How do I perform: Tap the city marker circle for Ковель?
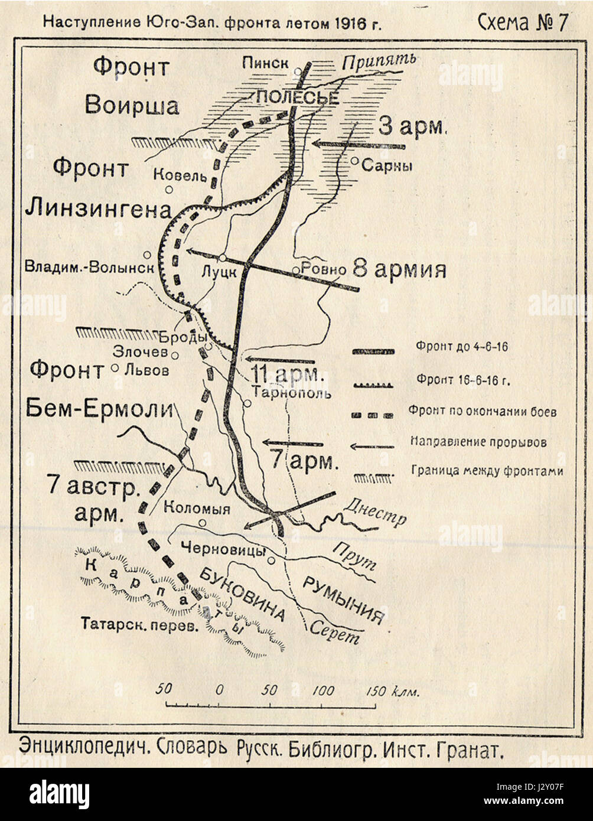click(x=169, y=190)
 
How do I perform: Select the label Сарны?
click(x=387, y=166)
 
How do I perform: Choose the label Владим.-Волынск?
click(x=89, y=267)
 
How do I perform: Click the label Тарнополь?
click(x=291, y=392)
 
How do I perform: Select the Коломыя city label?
click(x=197, y=507)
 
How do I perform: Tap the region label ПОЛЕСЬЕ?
click(x=297, y=97)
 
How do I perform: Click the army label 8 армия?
click(x=399, y=270)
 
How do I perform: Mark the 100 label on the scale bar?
click(x=323, y=690)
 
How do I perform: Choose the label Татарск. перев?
click(x=139, y=624)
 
